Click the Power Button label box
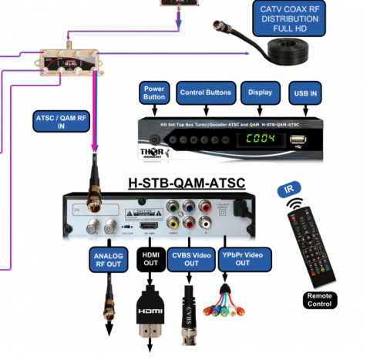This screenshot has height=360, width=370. coord(155,93)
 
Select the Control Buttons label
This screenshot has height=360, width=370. coord(206,93)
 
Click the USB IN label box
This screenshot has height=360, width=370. coord(304,93)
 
